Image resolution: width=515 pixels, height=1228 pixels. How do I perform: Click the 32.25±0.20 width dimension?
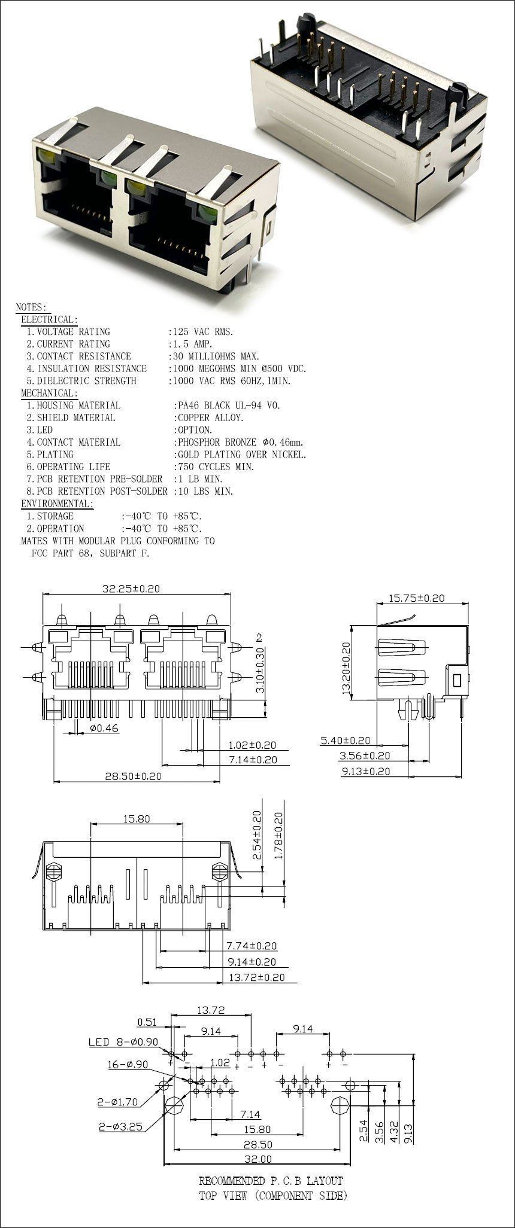(x=131, y=588)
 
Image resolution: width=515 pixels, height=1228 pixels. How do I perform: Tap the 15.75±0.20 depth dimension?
(x=417, y=598)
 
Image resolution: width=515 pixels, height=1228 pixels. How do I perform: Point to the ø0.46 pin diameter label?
(x=105, y=728)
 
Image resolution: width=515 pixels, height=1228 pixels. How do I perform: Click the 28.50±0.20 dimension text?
(x=133, y=776)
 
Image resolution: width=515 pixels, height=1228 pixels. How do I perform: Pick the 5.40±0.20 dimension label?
(x=345, y=741)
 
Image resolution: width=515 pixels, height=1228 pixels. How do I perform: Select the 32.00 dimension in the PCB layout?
(x=257, y=1159)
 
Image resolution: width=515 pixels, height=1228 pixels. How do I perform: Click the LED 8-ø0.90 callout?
(x=123, y=1041)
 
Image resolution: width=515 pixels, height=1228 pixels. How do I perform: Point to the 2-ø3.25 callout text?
(x=120, y=1126)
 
